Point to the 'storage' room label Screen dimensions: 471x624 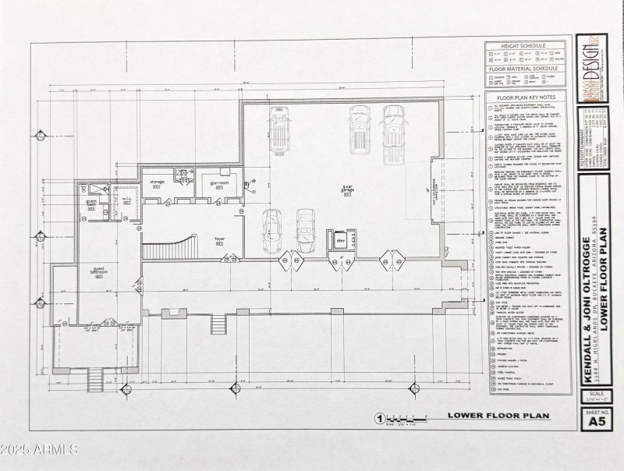coord(157,183)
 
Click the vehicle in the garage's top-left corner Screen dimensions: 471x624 coord(280,122)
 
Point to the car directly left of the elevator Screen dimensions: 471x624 coord(305,232)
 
